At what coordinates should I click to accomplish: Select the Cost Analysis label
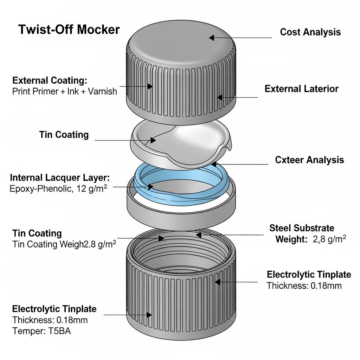click(310, 32)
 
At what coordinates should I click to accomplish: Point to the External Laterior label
click(301, 89)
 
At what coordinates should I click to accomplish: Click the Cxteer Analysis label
click(309, 160)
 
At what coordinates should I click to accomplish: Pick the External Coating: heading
click(49, 80)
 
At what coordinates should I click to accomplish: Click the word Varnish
click(102, 92)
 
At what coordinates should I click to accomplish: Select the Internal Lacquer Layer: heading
click(60, 177)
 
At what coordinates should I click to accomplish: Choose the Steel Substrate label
click(302, 228)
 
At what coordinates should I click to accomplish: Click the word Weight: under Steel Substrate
click(291, 239)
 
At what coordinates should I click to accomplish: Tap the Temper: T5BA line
click(41, 331)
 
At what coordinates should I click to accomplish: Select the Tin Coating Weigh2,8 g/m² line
click(64, 244)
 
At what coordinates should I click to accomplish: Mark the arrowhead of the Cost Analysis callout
click(212, 37)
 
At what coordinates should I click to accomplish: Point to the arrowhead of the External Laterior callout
click(219, 97)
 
